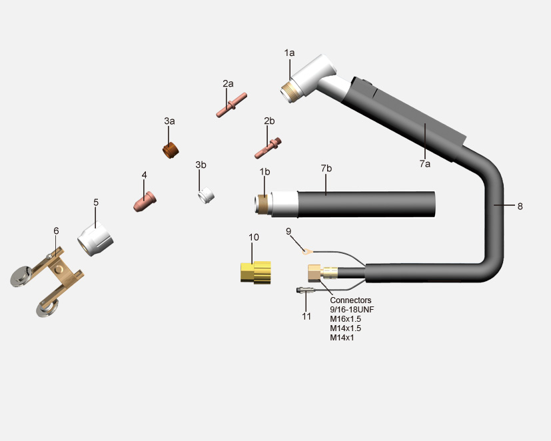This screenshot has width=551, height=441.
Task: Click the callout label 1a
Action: coord(289,53)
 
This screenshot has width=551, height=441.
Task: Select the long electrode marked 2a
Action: coord(232,105)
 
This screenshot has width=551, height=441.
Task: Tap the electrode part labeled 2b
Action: coord(268,148)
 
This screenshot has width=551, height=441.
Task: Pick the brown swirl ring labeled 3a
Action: coord(171,150)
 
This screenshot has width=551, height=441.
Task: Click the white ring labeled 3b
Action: coord(206,195)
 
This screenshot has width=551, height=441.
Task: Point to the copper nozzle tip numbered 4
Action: coord(145,201)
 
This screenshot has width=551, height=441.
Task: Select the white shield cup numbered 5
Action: coord(95,239)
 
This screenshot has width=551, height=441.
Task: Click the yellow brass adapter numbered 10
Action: coord(255,272)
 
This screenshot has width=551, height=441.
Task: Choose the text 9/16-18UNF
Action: coord(352,310)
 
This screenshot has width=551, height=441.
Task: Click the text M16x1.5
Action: coord(345,319)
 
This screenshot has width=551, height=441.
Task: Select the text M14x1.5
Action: coord(345,328)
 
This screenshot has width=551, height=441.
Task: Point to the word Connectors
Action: coord(350,300)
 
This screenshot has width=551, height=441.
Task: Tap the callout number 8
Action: coord(520,207)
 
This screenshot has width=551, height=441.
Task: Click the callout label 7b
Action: coord(326,169)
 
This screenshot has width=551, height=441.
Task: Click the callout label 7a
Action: coord(424,164)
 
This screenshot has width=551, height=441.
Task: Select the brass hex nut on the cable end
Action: coord(314,273)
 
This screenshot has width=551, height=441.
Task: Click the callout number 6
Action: coord(56,231)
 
